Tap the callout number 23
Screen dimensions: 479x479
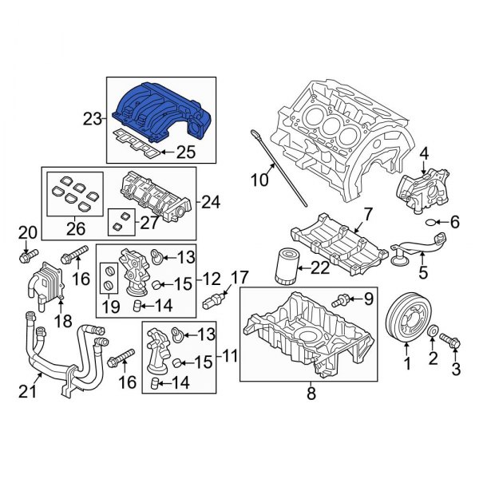click(x=92, y=120)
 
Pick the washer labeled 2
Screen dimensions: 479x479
click(x=432, y=332)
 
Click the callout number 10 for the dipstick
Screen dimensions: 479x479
click(x=260, y=181)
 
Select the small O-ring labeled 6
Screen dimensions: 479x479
click(x=431, y=222)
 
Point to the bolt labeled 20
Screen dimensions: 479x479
click(x=25, y=257)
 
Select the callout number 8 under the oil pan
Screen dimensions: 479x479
click(x=311, y=392)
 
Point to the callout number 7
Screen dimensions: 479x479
click(x=367, y=213)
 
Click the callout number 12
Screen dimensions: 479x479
click(x=212, y=279)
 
